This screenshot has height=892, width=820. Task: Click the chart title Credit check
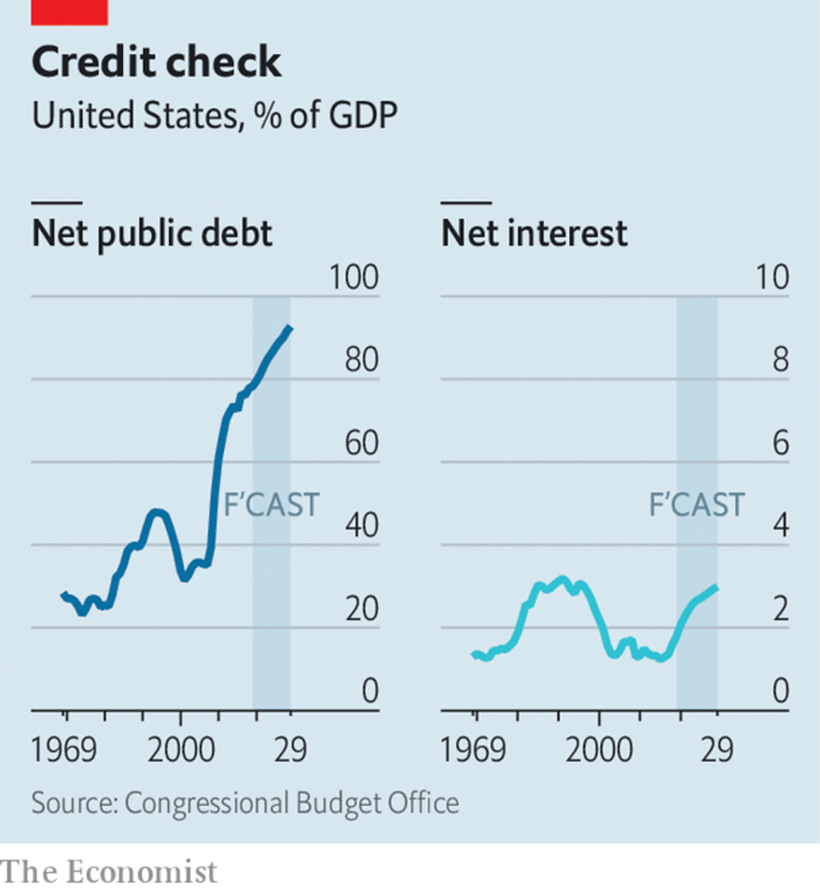[157, 63]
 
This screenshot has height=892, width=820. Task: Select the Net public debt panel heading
[153, 233]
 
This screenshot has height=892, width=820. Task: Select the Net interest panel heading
[534, 233]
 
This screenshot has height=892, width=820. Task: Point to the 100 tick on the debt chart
[354, 278]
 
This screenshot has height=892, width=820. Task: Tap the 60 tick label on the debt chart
[361, 444]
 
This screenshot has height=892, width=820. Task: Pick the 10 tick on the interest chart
[771, 278]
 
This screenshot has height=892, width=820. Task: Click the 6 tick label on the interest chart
[779, 444]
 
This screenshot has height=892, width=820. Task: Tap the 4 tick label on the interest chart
[779, 527]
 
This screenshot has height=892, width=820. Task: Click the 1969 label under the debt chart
[65, 751]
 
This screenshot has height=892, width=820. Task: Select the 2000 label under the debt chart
[181, 751]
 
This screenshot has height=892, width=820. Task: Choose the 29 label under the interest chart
[717, 751]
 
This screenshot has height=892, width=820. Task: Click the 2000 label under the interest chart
[598, 751]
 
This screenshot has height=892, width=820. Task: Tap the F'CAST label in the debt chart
[271, 505]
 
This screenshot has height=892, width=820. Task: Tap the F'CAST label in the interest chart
[696, 505]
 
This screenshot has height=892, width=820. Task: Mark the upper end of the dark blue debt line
[290, 328]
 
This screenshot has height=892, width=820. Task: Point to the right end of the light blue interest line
[716, 587]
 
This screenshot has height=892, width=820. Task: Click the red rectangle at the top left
[70, 11]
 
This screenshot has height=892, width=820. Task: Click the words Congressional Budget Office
[291, 802]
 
